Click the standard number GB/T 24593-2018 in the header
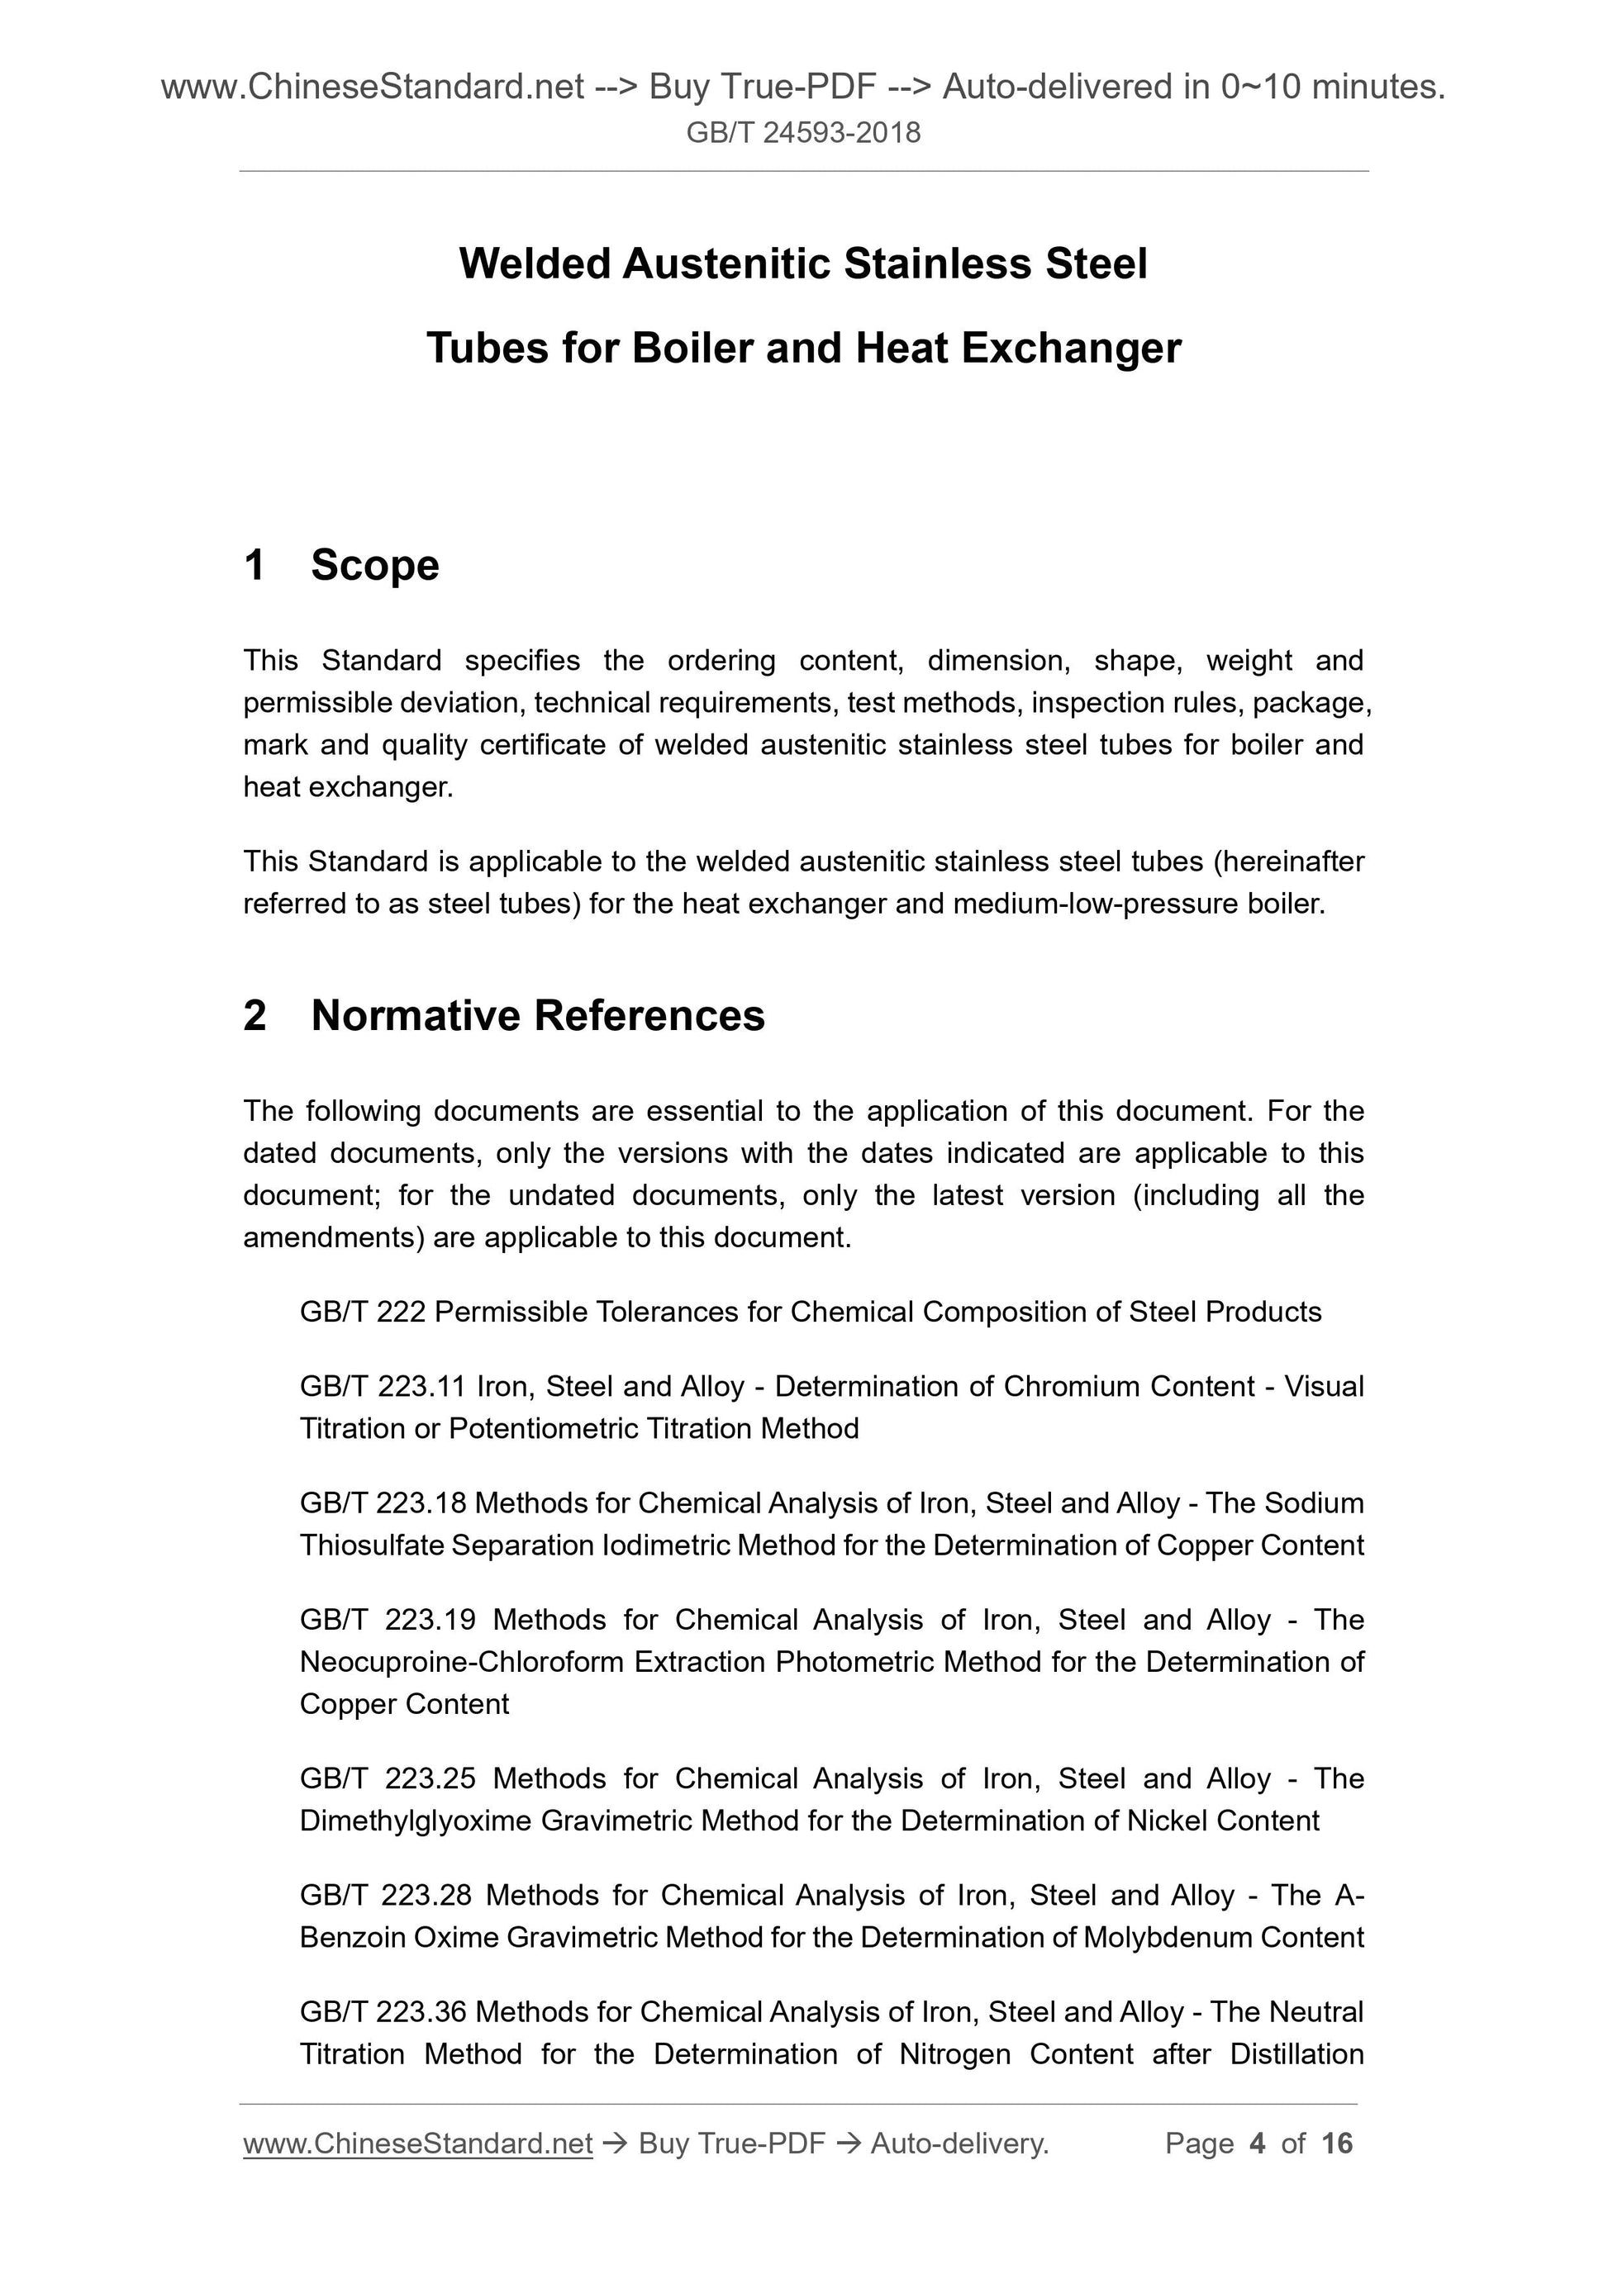pyautogui.click(x=802, y=133)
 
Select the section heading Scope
pyautogui.click(x=374, y=566)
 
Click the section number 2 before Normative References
pyautogui.click(x=255, y=1016)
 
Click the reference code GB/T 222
pyautogui.click(x=363, y=1313)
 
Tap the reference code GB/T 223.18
pyautogui.click(x=383, y=1503)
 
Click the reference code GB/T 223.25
pyautogui.click(x=388, y=1778)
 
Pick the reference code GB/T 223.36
pyautogui.click(x=383, y=2012)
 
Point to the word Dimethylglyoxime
pyautogui.click(x=415, y=1821)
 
